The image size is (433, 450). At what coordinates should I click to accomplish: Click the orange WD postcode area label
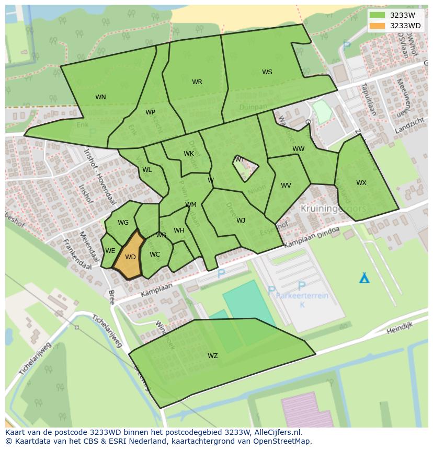click(x=130, y=257)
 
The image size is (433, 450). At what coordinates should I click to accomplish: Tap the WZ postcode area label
click(x=212, y=356)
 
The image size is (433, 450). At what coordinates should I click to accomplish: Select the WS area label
click(x=267, y=72)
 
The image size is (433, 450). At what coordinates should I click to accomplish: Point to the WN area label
click(x=100, y=97)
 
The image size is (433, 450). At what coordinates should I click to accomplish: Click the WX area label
click(x=361, y=183)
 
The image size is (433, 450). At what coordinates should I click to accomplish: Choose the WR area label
click(x=197, y=82)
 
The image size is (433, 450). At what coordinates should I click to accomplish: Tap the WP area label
click(x=150, y=112)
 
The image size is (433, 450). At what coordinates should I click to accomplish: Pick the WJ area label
click(x=241, y=221)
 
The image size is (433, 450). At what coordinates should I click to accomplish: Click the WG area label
click(x=123, y=223)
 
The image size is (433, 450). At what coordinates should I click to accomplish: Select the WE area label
click(x=110, y=251)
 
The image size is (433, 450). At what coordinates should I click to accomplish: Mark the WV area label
click(x=286, y=186)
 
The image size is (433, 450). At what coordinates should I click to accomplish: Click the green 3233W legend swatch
click(x=377, y=15)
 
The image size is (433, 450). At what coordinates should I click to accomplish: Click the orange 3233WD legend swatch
click(x=377, y=26)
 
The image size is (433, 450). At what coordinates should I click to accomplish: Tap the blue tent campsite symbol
click(x=364, y=278)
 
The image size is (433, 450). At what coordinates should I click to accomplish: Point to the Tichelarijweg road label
click(x=107, y=331)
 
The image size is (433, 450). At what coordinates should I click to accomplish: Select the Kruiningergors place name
click(x=333, y=209)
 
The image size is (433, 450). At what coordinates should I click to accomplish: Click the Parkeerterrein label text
click(x=302, y=296)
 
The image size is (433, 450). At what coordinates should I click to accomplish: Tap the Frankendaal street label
click(x=76, y=254)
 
